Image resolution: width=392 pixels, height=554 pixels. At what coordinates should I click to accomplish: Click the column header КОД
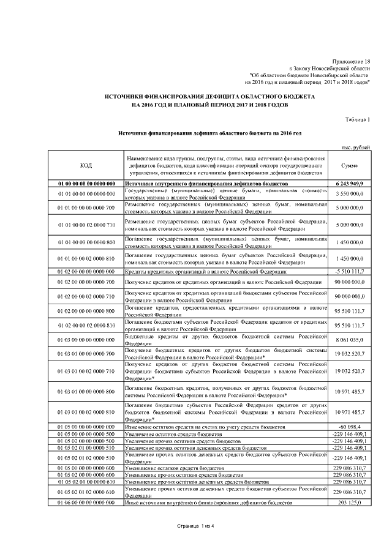86,165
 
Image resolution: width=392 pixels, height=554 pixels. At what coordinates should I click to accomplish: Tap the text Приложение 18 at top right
350,62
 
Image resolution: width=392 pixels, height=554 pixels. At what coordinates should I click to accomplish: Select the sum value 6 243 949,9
350,183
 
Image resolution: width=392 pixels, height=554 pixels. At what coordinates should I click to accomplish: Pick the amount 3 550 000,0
350,194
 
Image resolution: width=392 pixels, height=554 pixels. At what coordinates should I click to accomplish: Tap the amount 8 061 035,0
350,339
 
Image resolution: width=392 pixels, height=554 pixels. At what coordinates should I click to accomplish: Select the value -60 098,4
350,426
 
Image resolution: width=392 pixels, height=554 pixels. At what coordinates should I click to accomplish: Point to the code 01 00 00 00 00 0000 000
86,183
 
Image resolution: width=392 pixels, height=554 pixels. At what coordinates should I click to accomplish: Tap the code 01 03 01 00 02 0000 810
86,411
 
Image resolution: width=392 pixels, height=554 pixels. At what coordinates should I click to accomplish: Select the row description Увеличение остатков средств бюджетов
173,433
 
